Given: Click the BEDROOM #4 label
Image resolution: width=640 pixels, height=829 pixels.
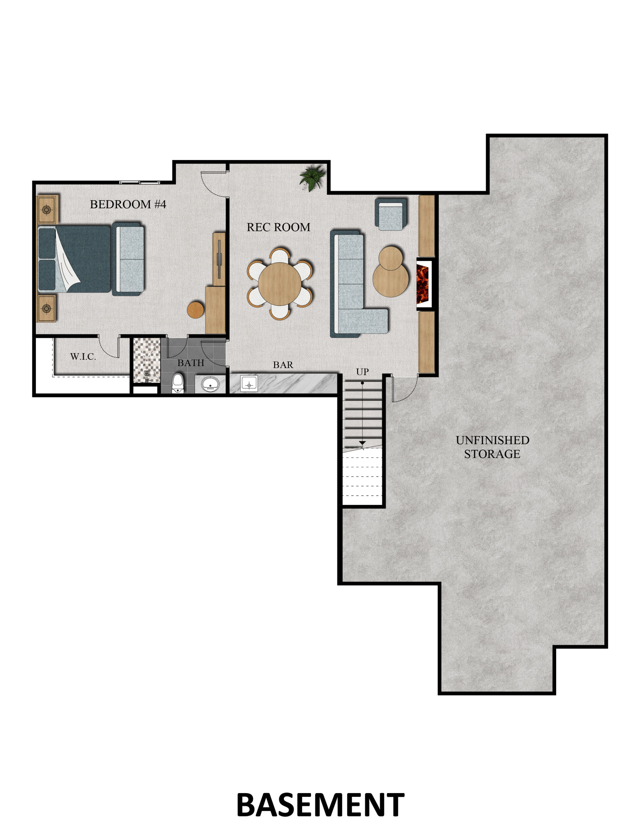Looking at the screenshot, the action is point(128,204).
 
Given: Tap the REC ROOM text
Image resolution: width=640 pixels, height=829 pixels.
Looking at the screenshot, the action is point(279,227).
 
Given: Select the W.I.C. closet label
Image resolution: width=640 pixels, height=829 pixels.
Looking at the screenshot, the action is point(83,357).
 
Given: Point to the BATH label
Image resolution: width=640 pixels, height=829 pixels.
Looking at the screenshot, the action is point(191,363).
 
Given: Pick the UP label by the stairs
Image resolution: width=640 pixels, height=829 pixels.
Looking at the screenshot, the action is point(362,372).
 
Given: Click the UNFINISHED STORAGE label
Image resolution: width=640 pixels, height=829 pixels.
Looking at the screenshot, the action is point(492,447).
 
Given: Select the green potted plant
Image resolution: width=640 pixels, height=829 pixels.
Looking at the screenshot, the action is point(313,177).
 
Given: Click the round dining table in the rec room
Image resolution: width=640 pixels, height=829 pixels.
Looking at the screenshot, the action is point(280,284).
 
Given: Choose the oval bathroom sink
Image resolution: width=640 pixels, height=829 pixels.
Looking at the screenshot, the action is point(211,384).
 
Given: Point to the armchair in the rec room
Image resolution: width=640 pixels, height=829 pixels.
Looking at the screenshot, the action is point(391,214).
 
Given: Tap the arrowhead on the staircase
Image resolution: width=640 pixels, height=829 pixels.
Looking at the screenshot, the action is point(362,443).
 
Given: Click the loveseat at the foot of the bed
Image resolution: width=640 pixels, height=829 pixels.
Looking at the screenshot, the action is point(128,259).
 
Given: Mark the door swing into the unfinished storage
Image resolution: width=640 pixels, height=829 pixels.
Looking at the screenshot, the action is point(405,389).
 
